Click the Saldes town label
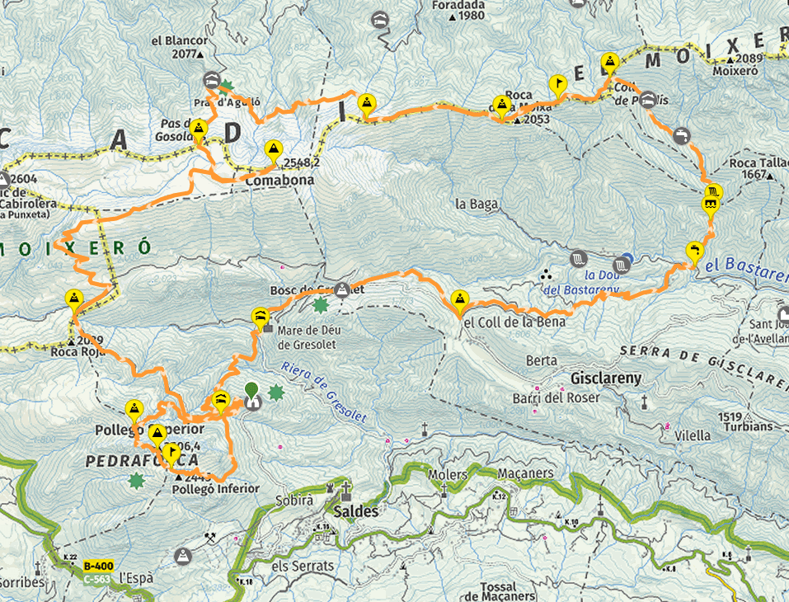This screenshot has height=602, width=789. point(355,511)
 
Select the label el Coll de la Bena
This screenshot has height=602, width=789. point(514,322)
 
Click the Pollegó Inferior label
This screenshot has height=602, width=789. point(216,489)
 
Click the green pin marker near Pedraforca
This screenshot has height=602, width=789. point(251,389)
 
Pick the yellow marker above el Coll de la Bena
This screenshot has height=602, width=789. point(460,299)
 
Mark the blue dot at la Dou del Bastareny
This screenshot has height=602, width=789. point(627,259)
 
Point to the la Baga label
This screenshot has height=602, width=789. point(473,203)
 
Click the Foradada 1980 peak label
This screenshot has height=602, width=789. point(458,10)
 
